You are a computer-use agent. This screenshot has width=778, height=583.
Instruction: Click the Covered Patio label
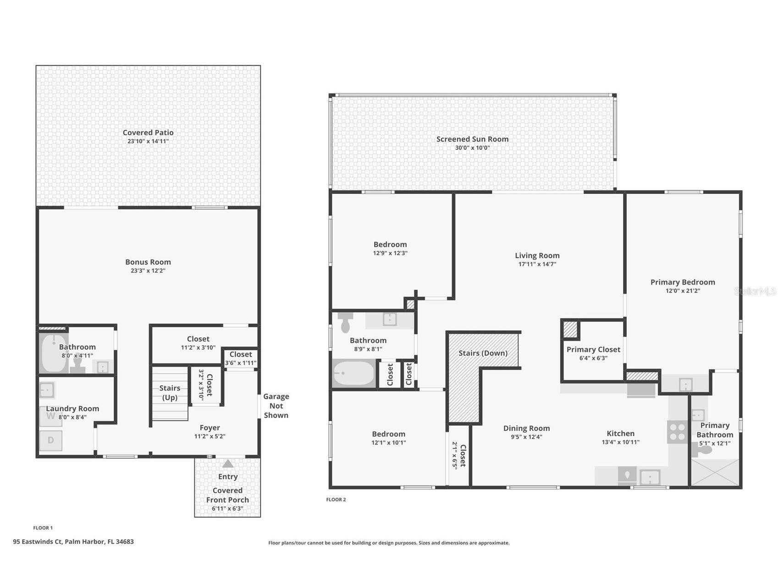[148, 132]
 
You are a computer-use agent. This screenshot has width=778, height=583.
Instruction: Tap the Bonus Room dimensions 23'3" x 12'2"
[148, 270]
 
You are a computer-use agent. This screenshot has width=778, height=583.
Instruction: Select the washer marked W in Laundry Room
[50, 416]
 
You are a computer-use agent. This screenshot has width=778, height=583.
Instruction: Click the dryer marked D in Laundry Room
[50, 440]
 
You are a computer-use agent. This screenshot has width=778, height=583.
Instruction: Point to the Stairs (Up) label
[170, 393]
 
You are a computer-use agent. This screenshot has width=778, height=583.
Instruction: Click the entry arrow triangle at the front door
[228, 464]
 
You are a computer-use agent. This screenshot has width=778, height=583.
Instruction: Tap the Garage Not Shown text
[276, 406]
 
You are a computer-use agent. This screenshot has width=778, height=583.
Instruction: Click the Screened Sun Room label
[472, 139]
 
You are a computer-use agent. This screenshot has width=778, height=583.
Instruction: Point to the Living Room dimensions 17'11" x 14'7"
[537, 264]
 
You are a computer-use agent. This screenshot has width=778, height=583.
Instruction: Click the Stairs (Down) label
[483, 353]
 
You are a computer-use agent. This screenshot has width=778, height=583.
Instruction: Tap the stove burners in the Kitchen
[677, 431]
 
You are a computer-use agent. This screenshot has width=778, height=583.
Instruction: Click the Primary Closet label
[593, 349]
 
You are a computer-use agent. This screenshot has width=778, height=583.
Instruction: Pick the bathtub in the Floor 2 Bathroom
[354, 374]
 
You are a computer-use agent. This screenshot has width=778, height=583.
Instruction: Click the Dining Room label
[526, 428]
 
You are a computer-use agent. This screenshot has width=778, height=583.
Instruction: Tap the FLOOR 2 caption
[336, 500]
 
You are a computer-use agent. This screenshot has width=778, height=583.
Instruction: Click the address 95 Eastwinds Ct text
[73, 541]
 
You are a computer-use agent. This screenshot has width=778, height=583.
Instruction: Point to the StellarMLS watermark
[755, 291]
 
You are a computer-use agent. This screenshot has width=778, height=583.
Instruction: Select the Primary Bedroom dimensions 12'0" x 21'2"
[683, 291]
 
